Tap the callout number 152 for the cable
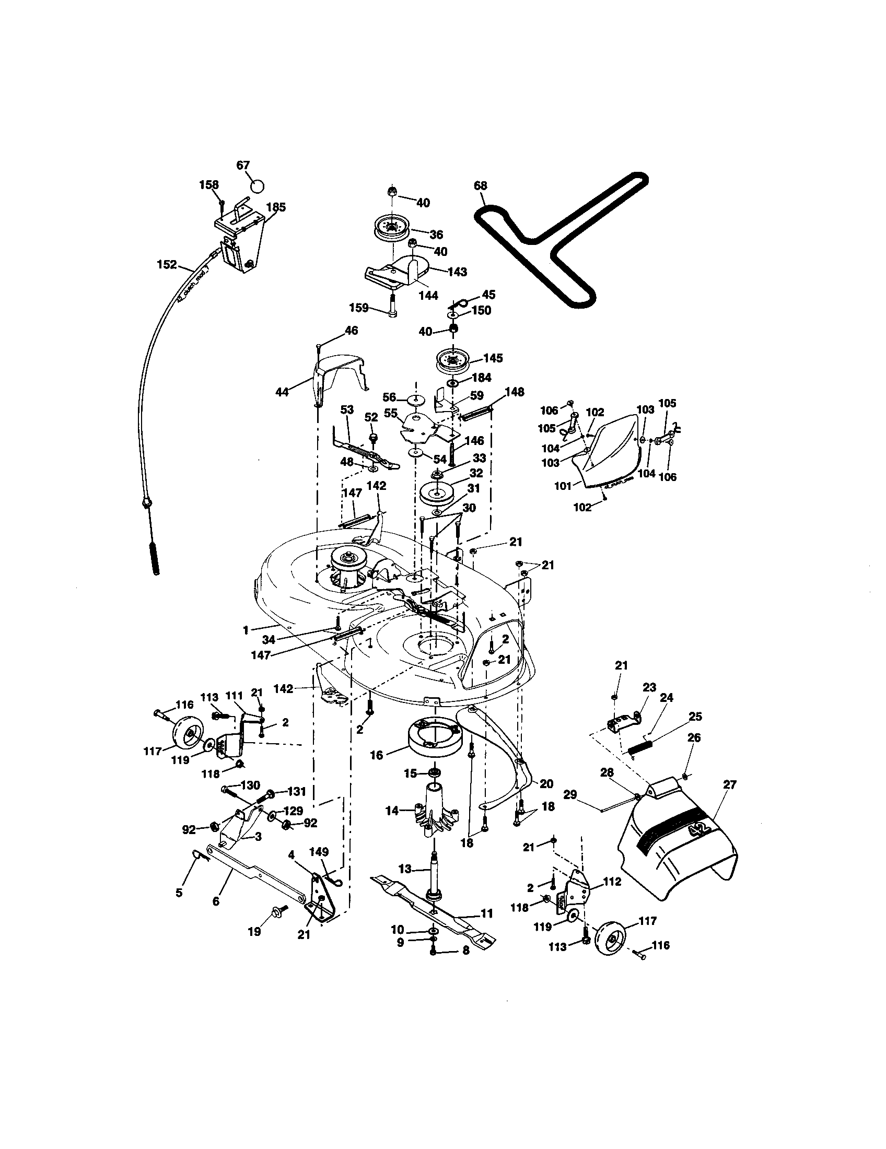[167, 265]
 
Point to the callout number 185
[276, 207]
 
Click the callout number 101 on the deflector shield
[563, 486]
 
